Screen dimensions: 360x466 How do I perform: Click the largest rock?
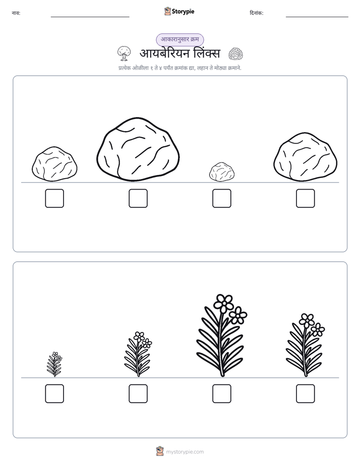[138, 149]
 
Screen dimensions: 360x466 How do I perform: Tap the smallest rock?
[221, 171]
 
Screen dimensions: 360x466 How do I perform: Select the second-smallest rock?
[54, 164]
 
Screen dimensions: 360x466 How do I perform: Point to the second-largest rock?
[305, 157]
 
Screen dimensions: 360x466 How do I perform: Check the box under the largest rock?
[138, 198]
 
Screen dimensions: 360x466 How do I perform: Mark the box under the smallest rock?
[221, 198]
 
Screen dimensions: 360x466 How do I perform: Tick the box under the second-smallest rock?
[54, 198]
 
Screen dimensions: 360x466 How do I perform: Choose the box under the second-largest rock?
[306, 198]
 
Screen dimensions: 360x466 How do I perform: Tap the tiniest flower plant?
[54, 364]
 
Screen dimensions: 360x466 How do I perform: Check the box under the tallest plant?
[221, 393]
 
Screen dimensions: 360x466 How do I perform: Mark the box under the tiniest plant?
[54, 393]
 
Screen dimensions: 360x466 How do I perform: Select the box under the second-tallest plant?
[306, 393]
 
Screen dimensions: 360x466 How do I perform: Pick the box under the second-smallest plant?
[138, 393]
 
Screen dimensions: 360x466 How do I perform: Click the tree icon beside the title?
[124, 53]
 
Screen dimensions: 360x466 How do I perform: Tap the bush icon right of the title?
[235, 54]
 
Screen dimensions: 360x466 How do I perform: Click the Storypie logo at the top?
[179, 12]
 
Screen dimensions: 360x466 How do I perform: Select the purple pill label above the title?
[179, 39]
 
